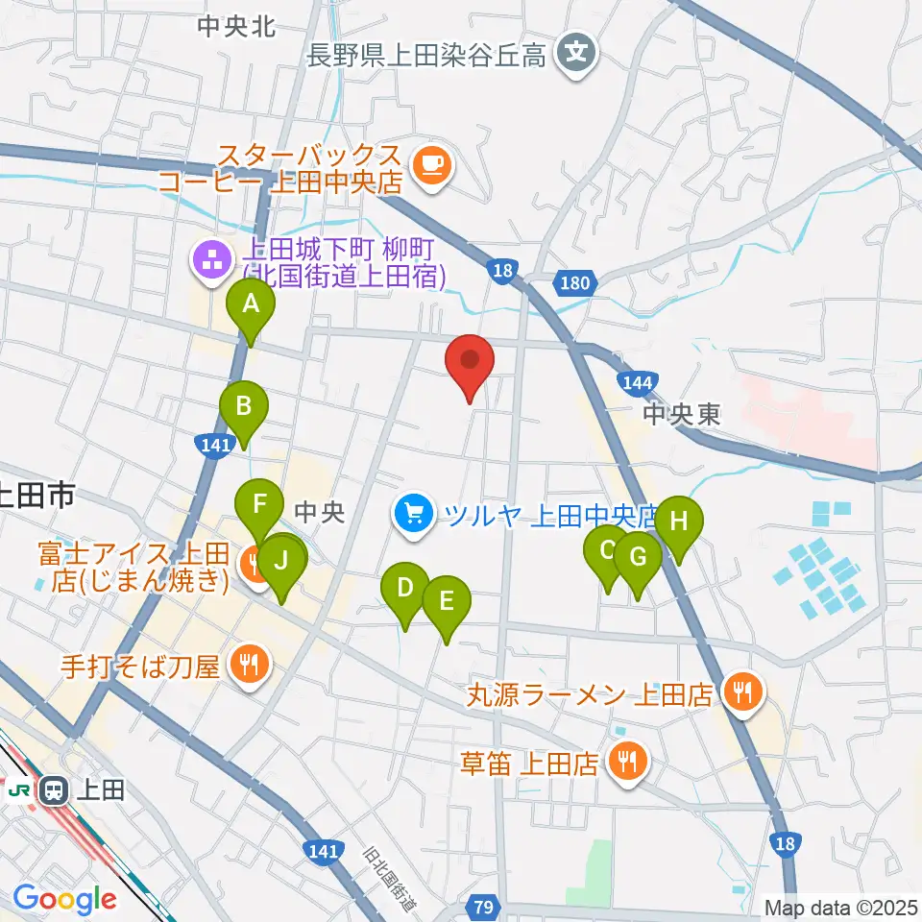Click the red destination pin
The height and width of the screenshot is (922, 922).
(471, 362)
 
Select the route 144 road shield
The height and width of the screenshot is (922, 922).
(638, 382)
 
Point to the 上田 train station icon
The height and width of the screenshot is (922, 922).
(53, 790)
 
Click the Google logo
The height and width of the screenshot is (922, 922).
(64, 899)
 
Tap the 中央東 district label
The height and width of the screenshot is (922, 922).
(681, 415)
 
